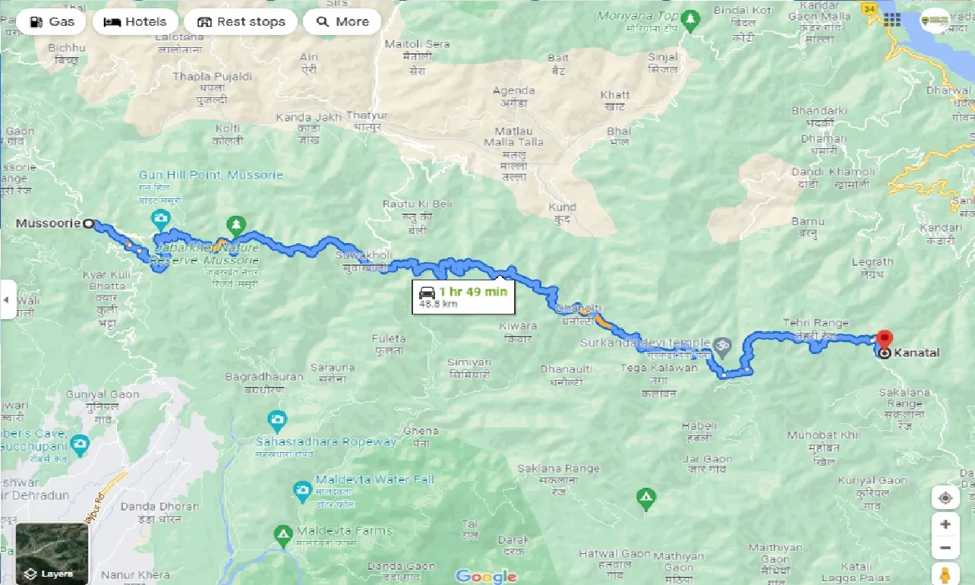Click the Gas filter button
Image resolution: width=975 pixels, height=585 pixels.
pos(52,22)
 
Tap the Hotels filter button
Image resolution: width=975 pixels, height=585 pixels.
pos(135,22)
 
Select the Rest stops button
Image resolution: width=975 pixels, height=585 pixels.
pos(240,22)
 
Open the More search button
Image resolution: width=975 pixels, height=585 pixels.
pos(342,22)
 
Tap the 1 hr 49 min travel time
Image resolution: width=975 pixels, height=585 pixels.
pos(472,292)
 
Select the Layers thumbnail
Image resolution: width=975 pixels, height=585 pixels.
pos(52,552)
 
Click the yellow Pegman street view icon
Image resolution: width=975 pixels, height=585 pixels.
pos(945,574)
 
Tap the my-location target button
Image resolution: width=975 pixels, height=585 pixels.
pos(945,498)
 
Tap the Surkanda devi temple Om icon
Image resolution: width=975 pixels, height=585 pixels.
pos(723,345)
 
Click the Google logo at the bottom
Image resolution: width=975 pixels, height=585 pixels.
pos(485,576)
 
